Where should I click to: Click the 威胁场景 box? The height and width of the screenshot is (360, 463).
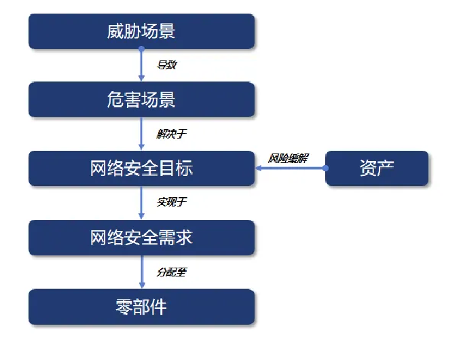[141, 31]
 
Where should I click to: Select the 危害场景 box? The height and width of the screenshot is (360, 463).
[141, 100]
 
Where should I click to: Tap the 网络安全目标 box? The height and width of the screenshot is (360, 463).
[141, 168]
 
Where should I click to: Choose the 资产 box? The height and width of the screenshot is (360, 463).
[377, 168]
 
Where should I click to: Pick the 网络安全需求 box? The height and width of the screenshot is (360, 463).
[141, 237]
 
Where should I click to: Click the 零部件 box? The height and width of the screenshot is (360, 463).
[141, 306]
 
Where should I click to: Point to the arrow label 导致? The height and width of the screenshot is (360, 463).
[167, 65]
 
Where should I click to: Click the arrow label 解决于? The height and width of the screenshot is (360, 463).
[171, 134]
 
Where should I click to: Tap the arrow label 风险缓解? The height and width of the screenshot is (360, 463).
[289, 158]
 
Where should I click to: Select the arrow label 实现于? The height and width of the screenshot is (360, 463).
[171, 202]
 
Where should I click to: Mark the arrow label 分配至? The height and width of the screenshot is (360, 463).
[171, 272]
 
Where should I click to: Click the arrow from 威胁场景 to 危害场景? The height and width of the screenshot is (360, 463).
[141, 66]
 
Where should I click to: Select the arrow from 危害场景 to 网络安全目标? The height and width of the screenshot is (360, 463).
[141, 134]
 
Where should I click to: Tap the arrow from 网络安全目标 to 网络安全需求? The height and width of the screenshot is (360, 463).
[141, 202]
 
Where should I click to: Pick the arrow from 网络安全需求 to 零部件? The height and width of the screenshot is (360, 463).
[141, 272]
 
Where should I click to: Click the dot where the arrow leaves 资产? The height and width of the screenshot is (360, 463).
[326, 168]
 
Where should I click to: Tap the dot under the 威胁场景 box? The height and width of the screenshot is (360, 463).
[141, 50]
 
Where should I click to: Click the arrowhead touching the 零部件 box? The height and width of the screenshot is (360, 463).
[141, 285]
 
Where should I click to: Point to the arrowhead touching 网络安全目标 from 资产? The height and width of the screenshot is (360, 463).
[259, 168]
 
